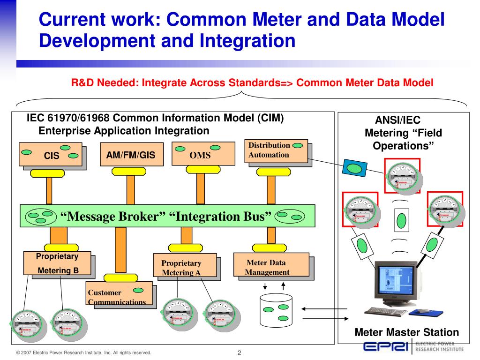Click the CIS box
tap(52, 155)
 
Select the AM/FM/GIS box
tap(127, 154)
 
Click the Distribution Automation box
tap(276, 150)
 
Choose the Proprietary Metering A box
tap(185, 267)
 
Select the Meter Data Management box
tap(270, 266)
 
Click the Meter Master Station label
tap(406, 333)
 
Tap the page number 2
tap(239, 353)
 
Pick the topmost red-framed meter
tap(402, 176)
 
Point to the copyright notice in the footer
tap(83, 352)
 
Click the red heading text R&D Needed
tap(252, 83)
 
